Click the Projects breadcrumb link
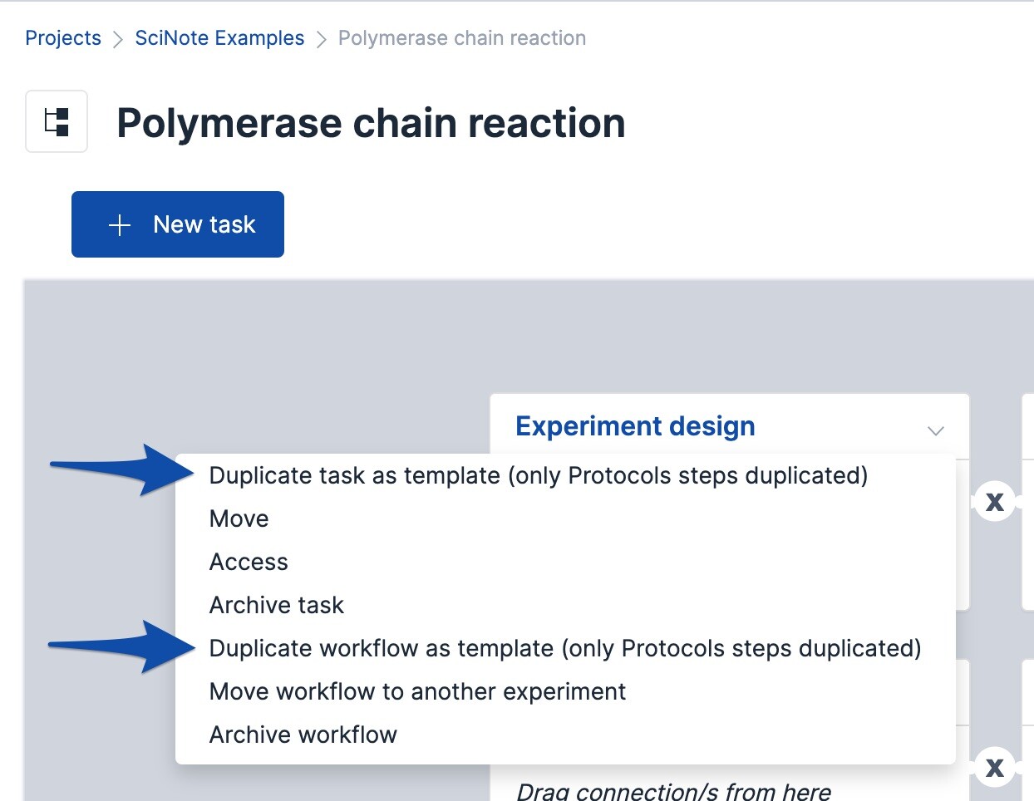63,38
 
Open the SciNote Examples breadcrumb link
219,38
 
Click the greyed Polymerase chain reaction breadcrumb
461,38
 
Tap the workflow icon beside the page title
57,121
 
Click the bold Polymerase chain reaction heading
371,124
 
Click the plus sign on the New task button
120,225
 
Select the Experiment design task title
635,425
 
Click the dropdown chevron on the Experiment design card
935,431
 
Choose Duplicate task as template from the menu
538,475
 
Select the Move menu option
239,518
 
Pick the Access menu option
249,562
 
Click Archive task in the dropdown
276,605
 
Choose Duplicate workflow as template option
565,648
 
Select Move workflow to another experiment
417,691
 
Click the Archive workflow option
303,735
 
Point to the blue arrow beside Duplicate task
122,470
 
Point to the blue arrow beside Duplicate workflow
122,646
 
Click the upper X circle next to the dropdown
994,502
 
